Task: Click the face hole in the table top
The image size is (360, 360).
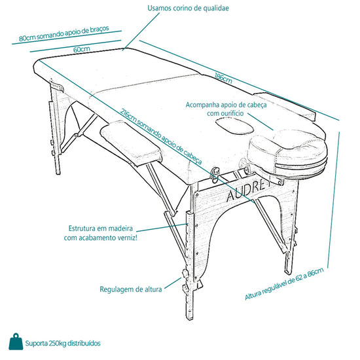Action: (x=234, y=126)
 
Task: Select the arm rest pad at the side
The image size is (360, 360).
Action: (x=132, y=141)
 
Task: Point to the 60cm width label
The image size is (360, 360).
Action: (x=82, y=49)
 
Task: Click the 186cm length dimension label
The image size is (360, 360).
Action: (x=223, y=78)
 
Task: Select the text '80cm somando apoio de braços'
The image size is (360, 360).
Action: (x=64, y=33)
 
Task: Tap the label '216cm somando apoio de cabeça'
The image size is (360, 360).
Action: (x=161, y=136)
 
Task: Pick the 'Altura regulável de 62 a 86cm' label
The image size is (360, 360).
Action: (x=284, y=284)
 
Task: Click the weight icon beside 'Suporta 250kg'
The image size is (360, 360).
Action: (x=16, y=342)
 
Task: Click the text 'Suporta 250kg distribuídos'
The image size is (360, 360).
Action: (x=63, y=344)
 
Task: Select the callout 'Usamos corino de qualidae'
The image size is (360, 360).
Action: (x=188, y=9)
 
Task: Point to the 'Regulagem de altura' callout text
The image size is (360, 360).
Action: (x=131, y=289)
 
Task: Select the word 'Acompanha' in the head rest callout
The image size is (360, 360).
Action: (x=202, y=105)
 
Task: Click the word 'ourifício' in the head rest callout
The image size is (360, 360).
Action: (x=232, y=113)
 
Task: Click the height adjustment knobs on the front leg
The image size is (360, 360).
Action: (x=185, y=281)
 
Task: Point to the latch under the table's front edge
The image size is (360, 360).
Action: (x=215, y=174)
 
